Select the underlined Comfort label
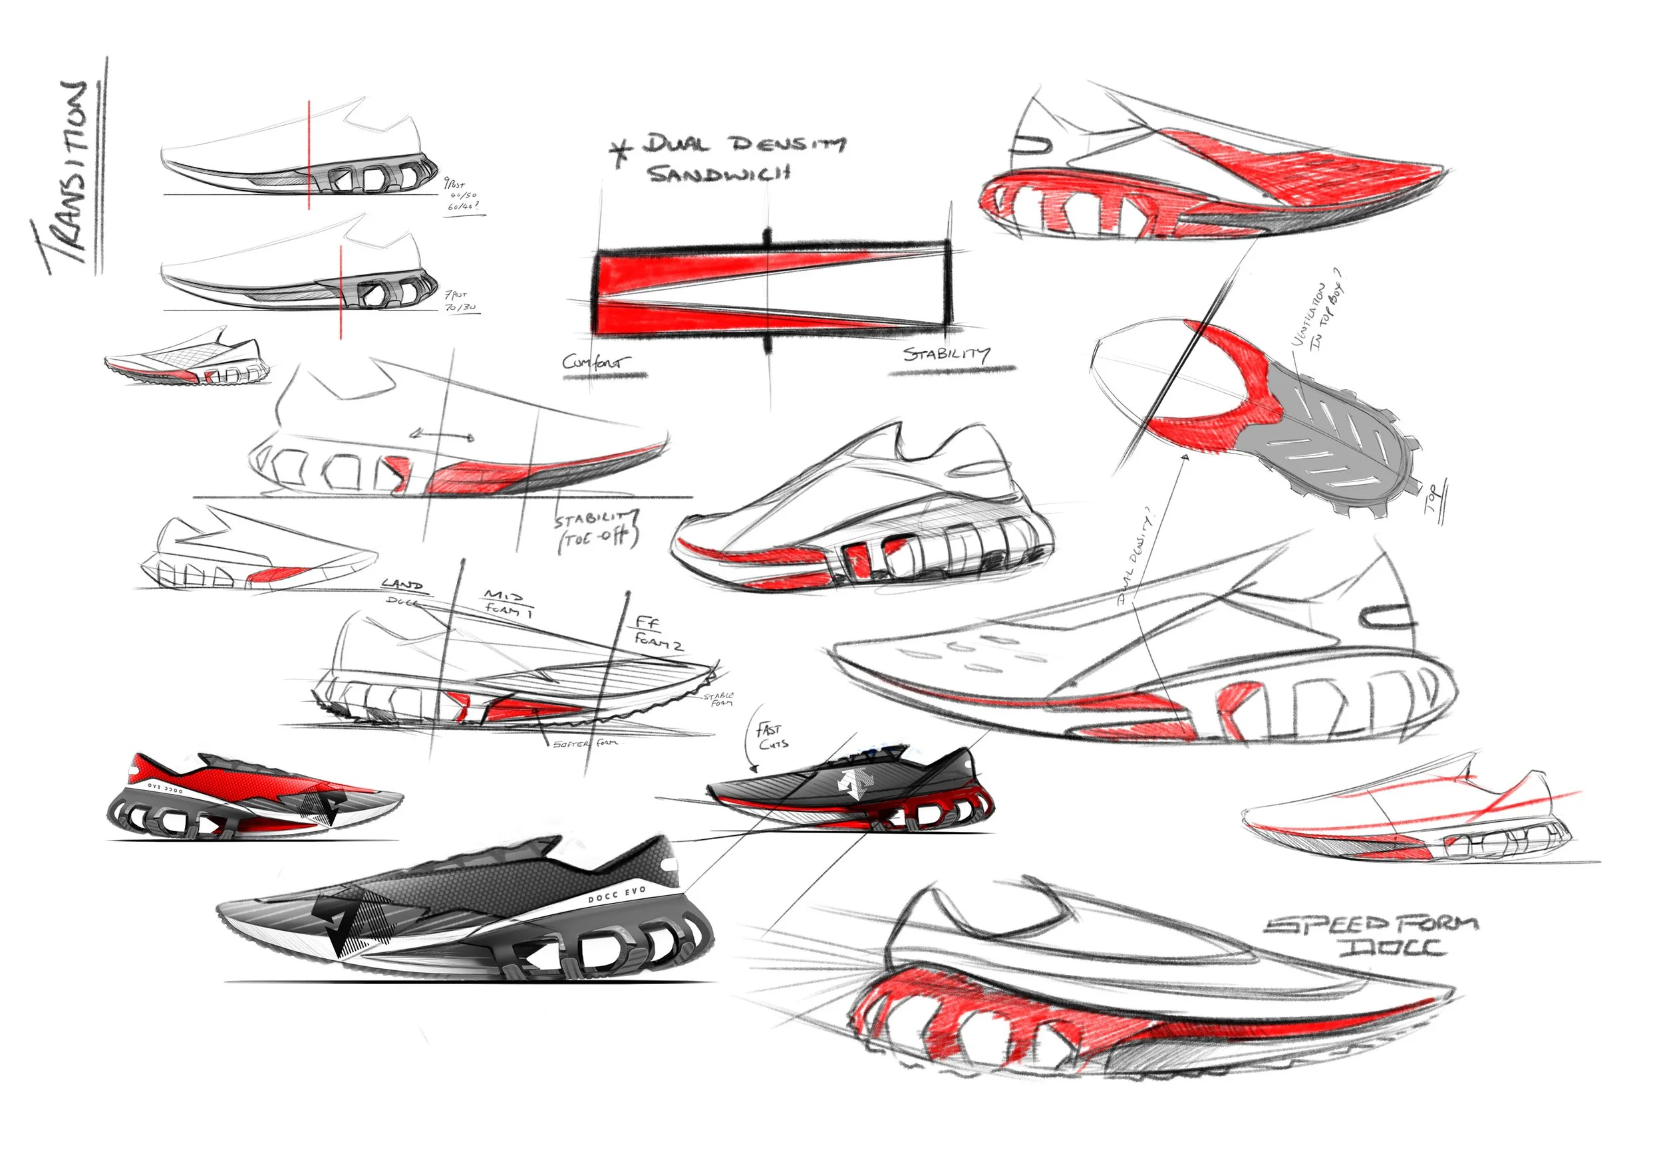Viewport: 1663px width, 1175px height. [x=595, y=362]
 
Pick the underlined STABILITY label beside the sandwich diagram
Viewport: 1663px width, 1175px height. [x=946, y=354]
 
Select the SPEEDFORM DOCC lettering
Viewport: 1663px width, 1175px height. [x=1371, y=936]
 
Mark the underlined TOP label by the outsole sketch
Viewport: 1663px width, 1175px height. [x=1434, y=499]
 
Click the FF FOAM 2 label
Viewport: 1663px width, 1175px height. [x=656, y=632]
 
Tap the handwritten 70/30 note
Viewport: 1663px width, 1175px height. [x=460, y=308]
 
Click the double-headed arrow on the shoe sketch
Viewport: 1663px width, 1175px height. [x=441, y=435]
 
